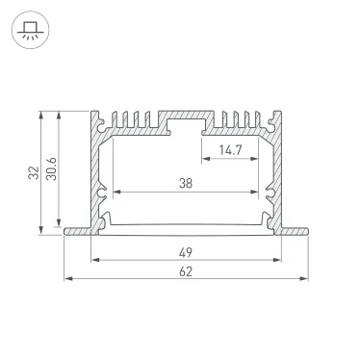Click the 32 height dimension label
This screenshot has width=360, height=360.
click(x=34, y=172)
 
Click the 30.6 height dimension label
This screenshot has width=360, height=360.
click(x=51, y=168)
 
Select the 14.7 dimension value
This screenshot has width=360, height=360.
click(x=230, y=150)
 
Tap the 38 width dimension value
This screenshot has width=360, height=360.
click(x=186, y=184)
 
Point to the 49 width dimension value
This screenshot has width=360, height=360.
click(x=186, y=252)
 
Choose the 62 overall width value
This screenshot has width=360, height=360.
click(x=186, y=271)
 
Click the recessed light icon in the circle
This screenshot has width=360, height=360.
click(x=31, y=30)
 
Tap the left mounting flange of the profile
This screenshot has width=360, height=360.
click(x=77, y=231)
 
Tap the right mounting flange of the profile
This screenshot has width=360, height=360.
click(x=295, y=231)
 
